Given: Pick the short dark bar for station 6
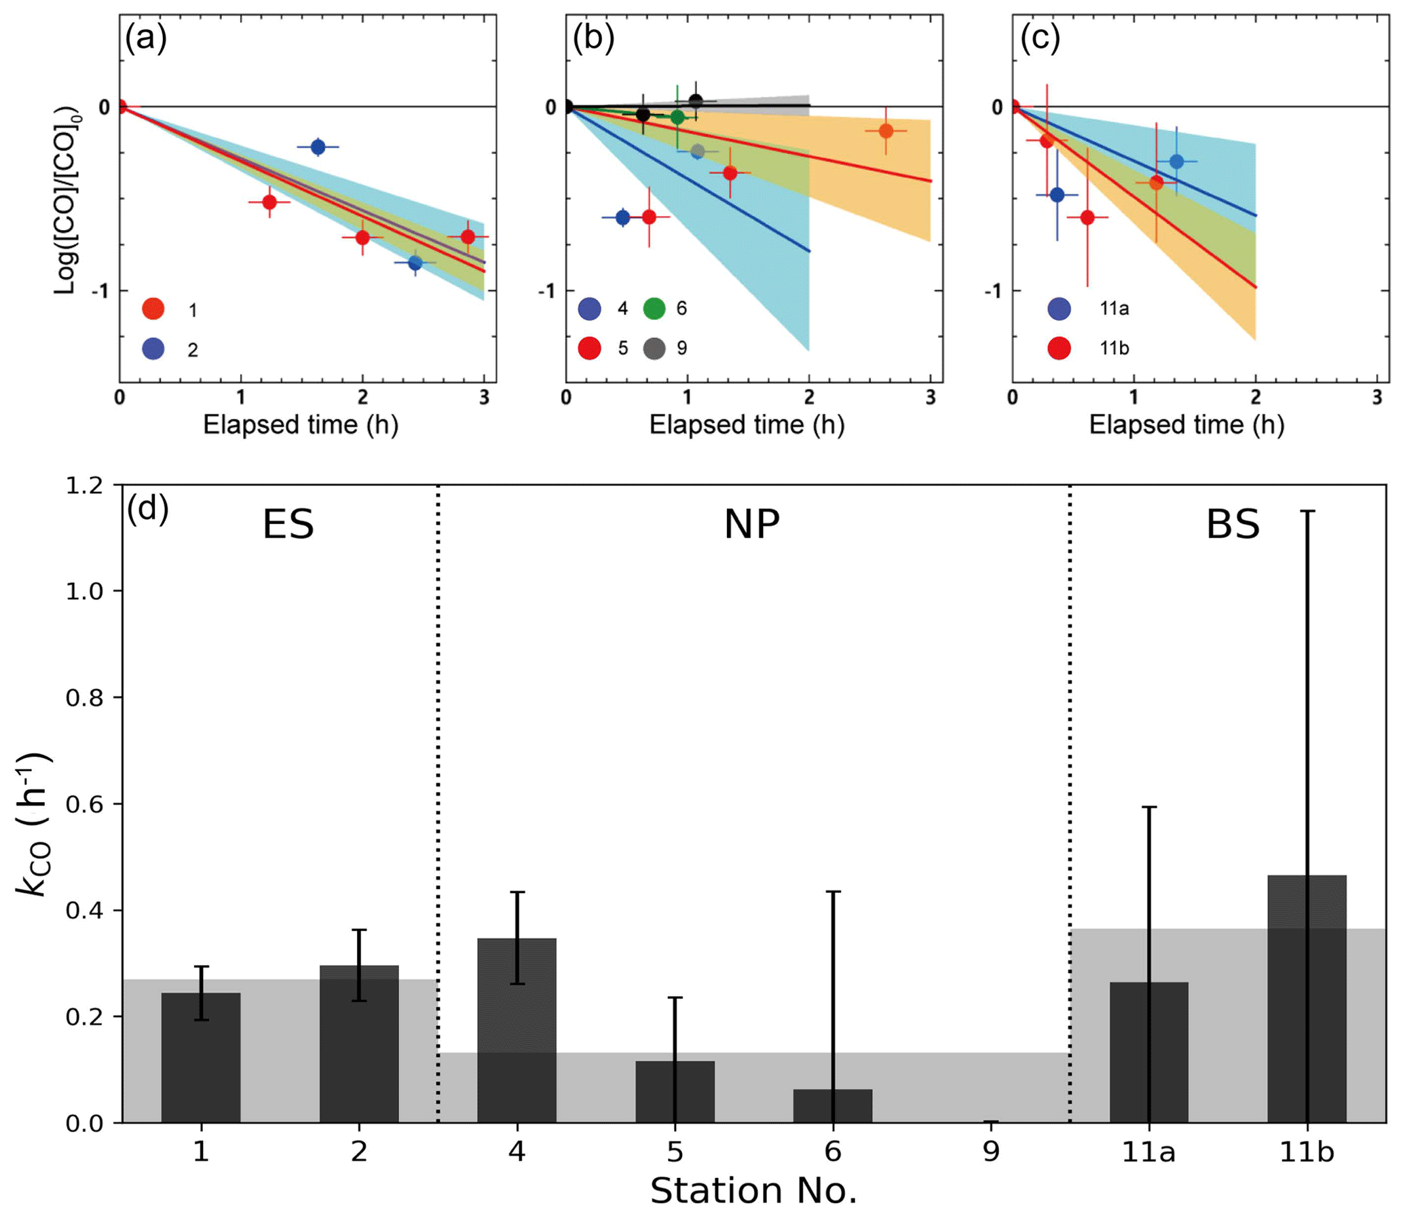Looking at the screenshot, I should tap(833, 1105).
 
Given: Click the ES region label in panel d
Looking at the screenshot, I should tap(288, 525).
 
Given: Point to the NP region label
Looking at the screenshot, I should tap(751, 525).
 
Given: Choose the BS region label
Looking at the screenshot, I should tap(1233, 525).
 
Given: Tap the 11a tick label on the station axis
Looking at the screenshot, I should tap(1148, 1152).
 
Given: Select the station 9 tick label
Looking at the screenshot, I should tap(991, 1152).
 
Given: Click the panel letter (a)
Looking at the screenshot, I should tap(145, 39).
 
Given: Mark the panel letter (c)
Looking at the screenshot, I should tap(1040, 39).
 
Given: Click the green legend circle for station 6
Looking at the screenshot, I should tap(654, 309).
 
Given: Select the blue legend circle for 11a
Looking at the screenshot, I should tap(1059, 309).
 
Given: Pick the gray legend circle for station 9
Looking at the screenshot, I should tap(654, 348).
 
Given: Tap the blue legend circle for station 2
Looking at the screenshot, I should tap(153, 349).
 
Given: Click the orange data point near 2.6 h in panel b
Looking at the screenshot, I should tap(886, 131).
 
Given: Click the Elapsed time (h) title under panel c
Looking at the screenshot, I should tap(1186, 425).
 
